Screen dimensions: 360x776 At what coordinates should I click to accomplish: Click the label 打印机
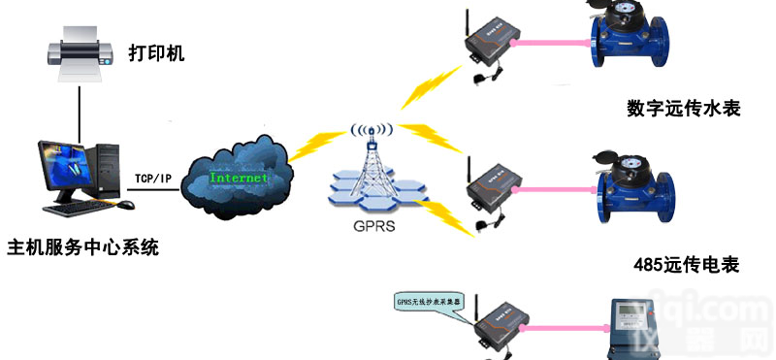[156, 51]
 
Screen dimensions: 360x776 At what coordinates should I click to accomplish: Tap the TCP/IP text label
[153, 178]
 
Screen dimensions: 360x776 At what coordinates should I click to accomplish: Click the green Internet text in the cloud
[239, 180]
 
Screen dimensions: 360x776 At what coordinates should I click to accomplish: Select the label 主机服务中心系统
[82, 247]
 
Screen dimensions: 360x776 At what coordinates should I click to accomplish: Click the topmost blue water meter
[628, 39]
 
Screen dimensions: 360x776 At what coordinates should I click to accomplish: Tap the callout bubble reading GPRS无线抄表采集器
[433, 302]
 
